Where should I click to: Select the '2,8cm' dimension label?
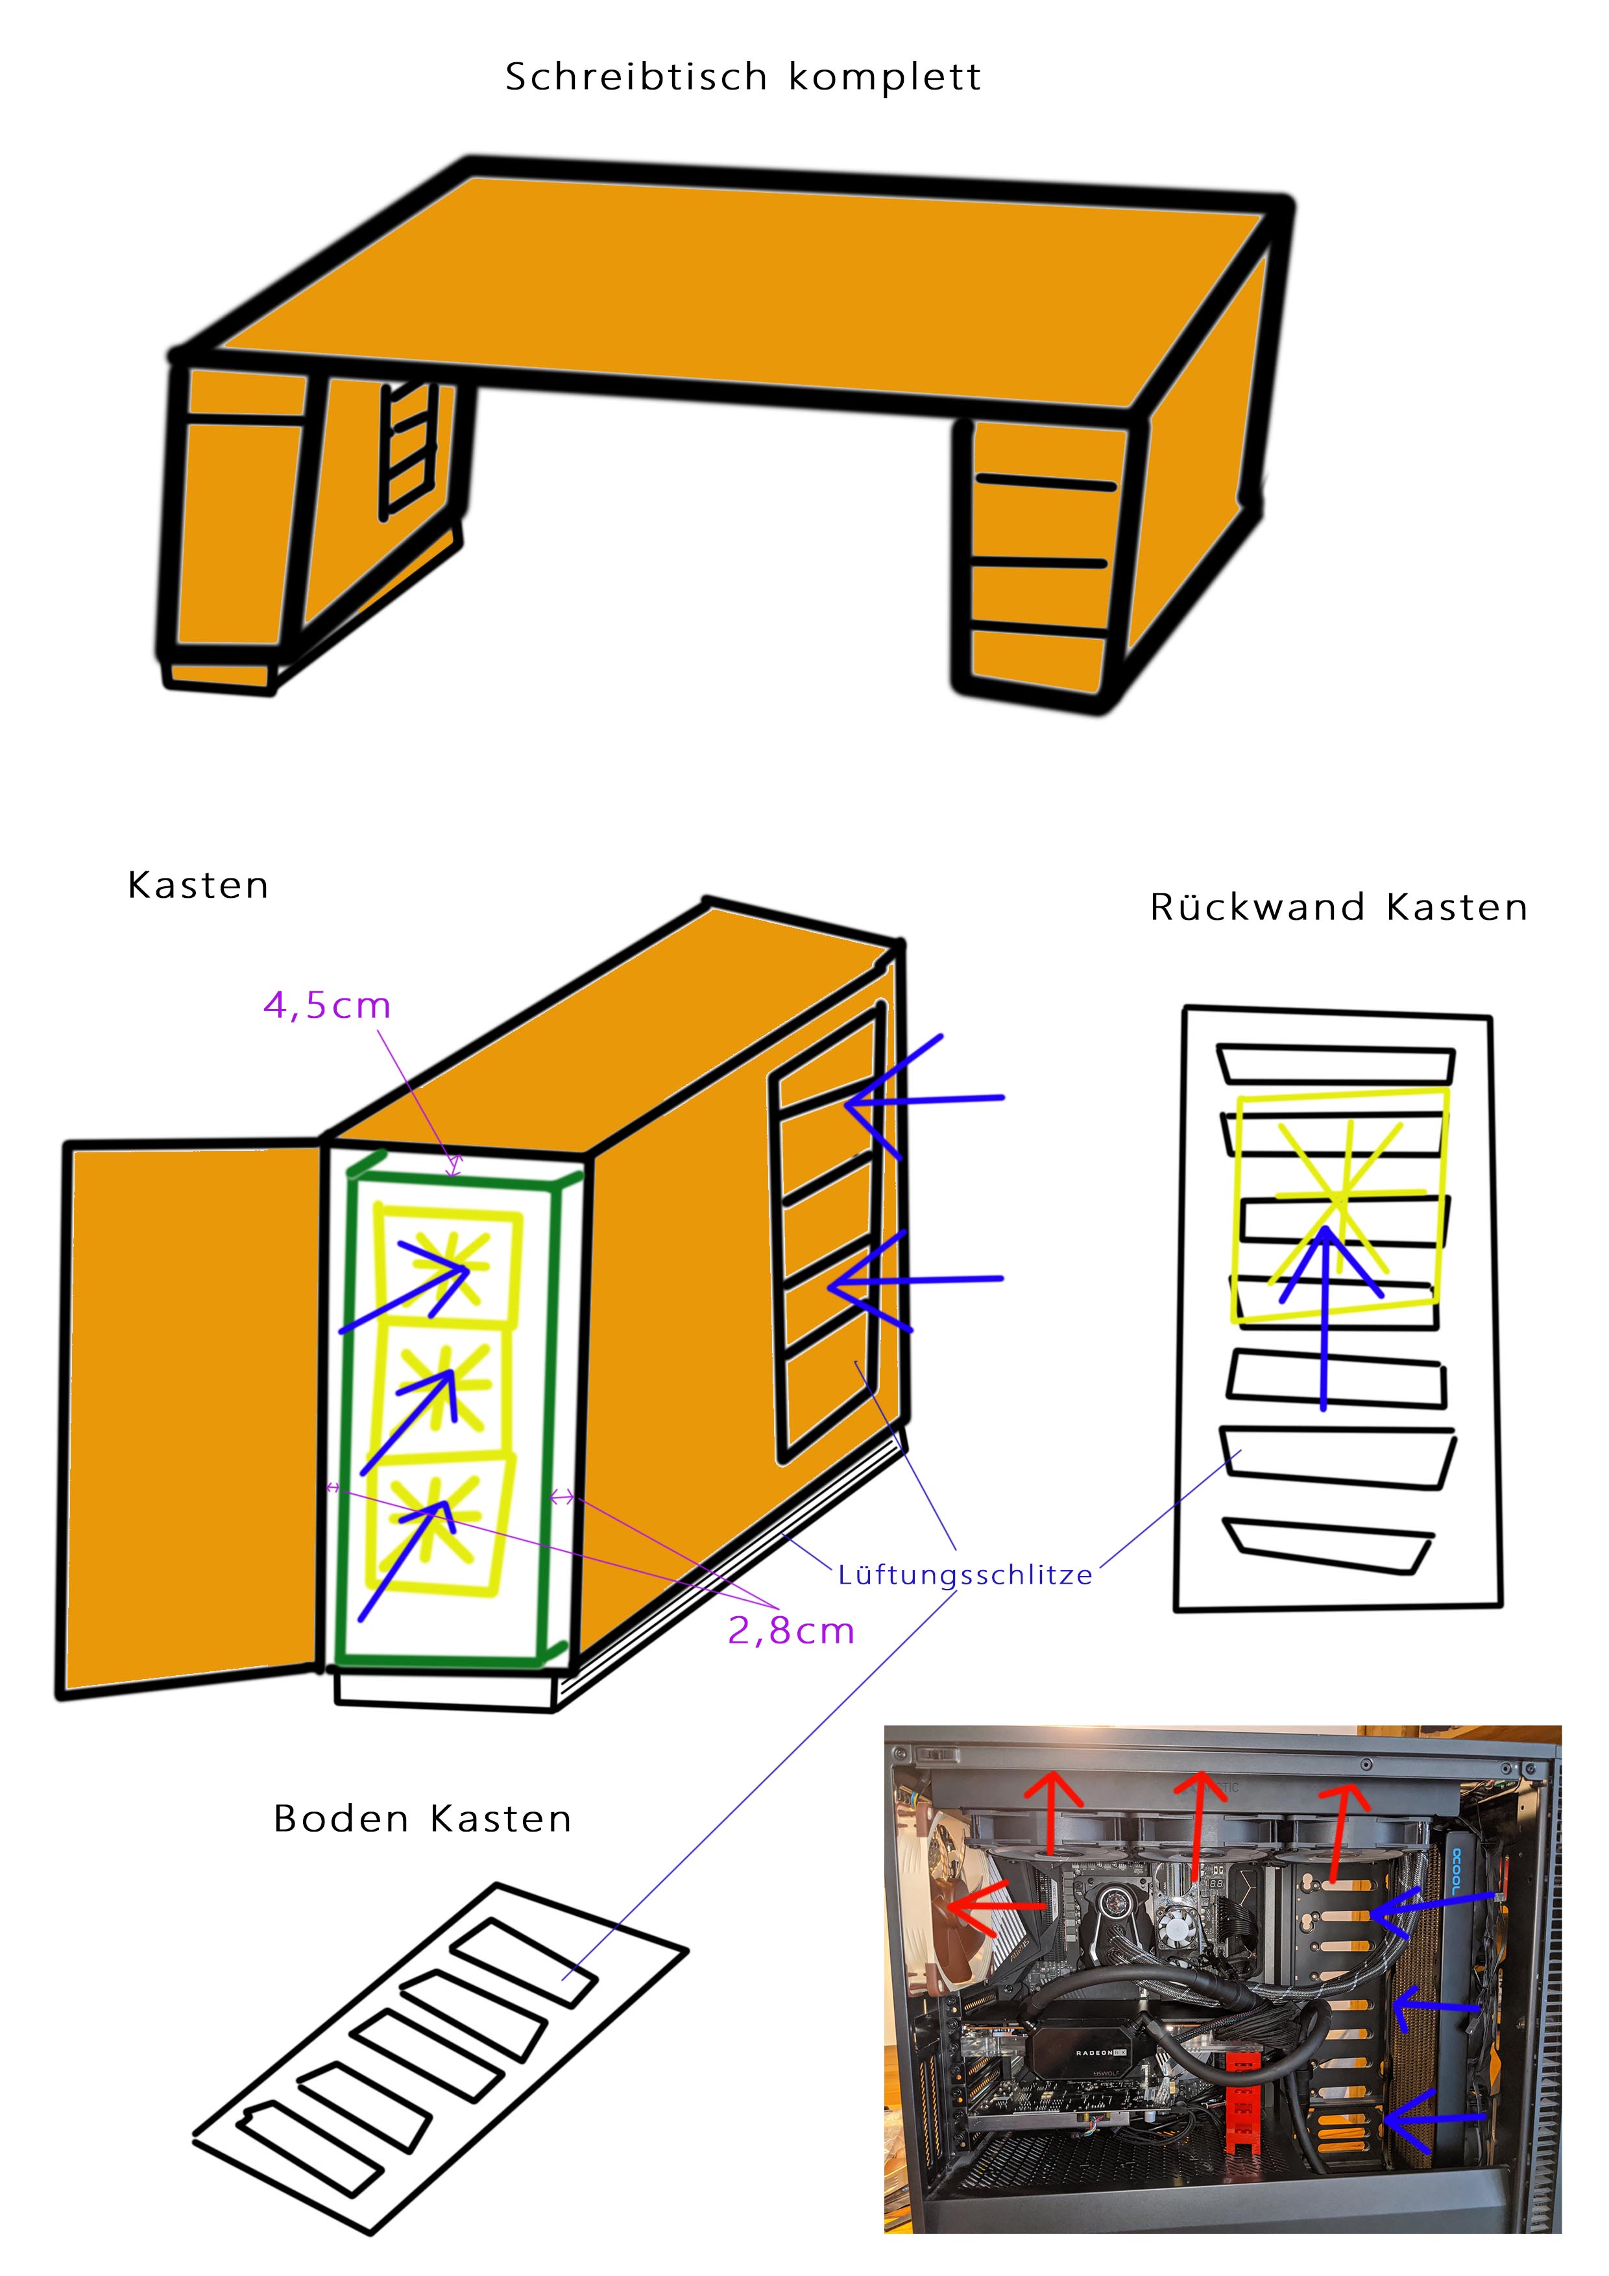point(791,1630)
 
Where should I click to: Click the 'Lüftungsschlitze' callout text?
point(965,1575)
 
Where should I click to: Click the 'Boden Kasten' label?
point(422,1819)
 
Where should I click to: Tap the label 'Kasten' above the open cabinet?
point(199,885)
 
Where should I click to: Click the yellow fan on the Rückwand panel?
point(1340,1204)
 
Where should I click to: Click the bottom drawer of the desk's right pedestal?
point(1036,659)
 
